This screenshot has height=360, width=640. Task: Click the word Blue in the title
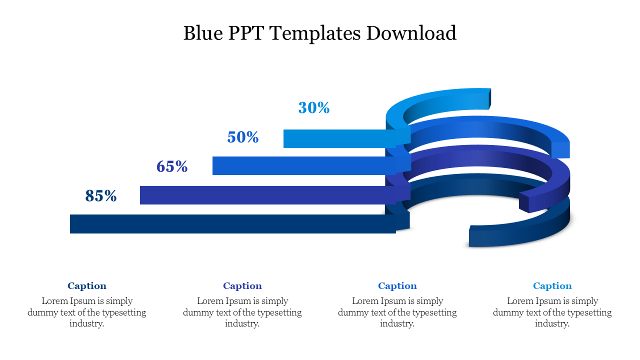point(202,33)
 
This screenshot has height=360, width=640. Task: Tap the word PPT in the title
point(246,33)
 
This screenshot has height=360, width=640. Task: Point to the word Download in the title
point(411,33)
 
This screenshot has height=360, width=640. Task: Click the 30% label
point(314,107)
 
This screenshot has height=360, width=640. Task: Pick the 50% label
point(243,137)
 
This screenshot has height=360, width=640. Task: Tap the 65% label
point(172,166)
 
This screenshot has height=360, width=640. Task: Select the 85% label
point(101,196)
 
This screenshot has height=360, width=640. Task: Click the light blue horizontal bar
point(335,138)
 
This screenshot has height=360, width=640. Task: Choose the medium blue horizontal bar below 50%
point(300,165)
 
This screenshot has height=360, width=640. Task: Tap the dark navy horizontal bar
point(230,224)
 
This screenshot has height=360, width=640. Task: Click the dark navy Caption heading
point(87,286)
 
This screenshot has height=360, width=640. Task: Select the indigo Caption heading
point(242,286)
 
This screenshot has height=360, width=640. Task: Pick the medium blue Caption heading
point(397,286)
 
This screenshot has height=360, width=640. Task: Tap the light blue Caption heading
point(552,286)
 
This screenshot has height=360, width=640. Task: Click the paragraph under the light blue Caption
point(552,312)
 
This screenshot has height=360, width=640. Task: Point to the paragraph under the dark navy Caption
point(87,312)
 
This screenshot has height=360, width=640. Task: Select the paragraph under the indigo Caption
point(242,312)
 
